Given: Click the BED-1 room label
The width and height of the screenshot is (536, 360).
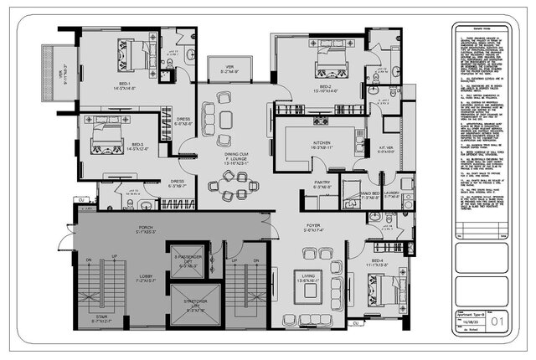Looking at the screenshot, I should click(x=124, y=84).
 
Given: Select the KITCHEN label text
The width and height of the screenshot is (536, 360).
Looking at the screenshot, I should click(x=322, y=143).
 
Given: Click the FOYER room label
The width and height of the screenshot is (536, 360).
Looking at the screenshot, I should click(x=313, y=226).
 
